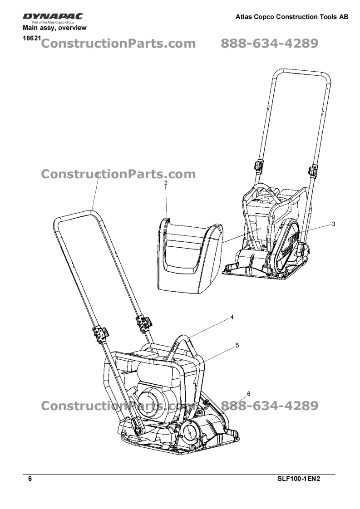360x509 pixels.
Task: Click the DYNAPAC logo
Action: coord(53,16)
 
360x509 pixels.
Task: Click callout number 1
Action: coord(98,176)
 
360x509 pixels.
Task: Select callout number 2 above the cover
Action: coord(166,183)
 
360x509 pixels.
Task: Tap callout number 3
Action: coord(333,224)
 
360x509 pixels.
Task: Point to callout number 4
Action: coord(232,317)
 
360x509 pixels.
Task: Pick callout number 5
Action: coord(237,345)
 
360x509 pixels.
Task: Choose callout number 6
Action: coord(249,394)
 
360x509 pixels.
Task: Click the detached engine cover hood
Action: coord(190,255)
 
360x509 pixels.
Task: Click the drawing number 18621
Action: coord(32,38)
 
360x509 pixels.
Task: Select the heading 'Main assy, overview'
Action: coord(54,28)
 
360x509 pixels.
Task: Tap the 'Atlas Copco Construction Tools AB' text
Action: coord(292,17)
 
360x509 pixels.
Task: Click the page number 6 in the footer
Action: coord(30,479)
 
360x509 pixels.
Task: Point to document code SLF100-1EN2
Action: coord(299,479)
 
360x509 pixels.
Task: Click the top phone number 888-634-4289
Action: coord(269,43)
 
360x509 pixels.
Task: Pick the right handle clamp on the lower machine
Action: coord(143,323)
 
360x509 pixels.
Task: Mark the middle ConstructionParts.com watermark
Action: coord(118,174)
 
